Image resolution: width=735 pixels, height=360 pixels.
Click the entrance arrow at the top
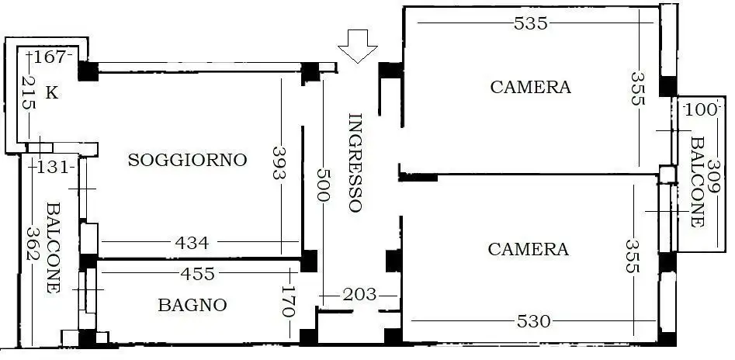tap(358, 46)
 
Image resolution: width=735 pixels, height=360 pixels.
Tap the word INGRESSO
tap(355, 163)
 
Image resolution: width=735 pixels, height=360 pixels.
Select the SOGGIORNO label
tap(187, 161)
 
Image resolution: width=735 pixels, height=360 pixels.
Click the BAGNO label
tap(192, 306)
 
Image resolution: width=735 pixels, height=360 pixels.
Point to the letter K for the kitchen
tap(51, 93)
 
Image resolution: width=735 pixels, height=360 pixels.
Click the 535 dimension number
tap(531, 23)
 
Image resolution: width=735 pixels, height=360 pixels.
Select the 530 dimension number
tap(533, 320)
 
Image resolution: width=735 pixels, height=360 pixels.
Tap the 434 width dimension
tap(192, 243)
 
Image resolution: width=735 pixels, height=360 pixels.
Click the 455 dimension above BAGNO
tap(197, 274)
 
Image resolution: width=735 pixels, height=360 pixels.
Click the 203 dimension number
tap(359, 295)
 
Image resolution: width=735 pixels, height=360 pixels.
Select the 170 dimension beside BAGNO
tap(289, 302)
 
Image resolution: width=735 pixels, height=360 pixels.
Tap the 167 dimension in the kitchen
tap(51, 57)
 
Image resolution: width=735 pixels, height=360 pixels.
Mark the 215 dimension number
tap(29, 93)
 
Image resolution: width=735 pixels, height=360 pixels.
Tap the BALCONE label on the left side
tap(53, 247)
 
